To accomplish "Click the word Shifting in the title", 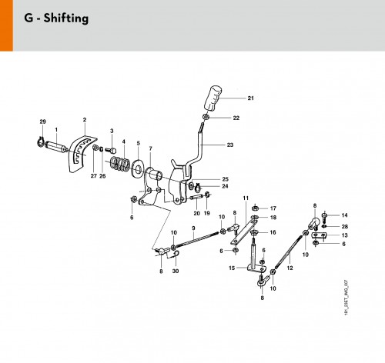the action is pyautogui.click(x=66, y=18).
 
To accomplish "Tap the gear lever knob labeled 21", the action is pyautogui.click(x=213, y=98).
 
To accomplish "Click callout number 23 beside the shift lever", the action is pyautogui.click(x=230, y=145).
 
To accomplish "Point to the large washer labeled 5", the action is pyautogui.click(x=138, y=168).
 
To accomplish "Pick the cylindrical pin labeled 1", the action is pyautogui.click(x=56, y=148).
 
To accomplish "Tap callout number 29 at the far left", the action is pyautogui.click(x=43, y=122).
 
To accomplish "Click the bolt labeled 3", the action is pyautogui.click(x=111, y=149).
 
